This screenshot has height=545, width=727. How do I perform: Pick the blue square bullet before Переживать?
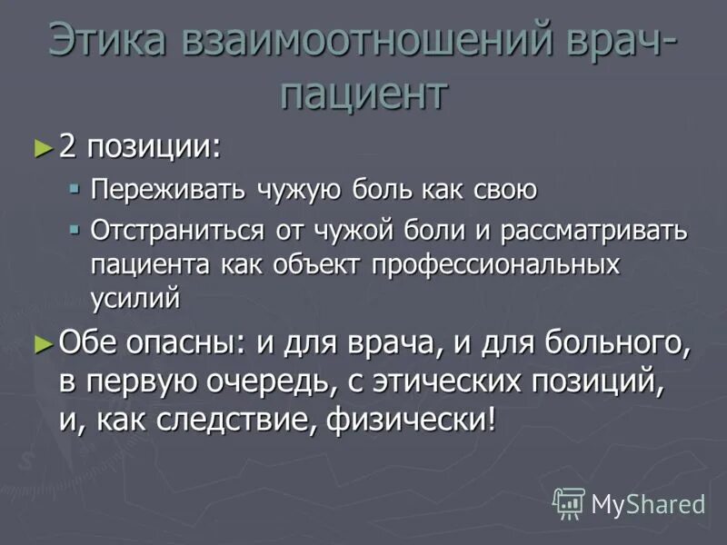point(75,189)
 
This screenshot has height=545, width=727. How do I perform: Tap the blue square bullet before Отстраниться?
point(75,230)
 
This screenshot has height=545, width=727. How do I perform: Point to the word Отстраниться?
point(179,230)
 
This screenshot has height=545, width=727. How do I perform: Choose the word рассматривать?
point(594,230)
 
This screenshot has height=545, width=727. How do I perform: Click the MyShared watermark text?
point(648,502)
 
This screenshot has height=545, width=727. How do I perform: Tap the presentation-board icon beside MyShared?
point(570,502)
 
